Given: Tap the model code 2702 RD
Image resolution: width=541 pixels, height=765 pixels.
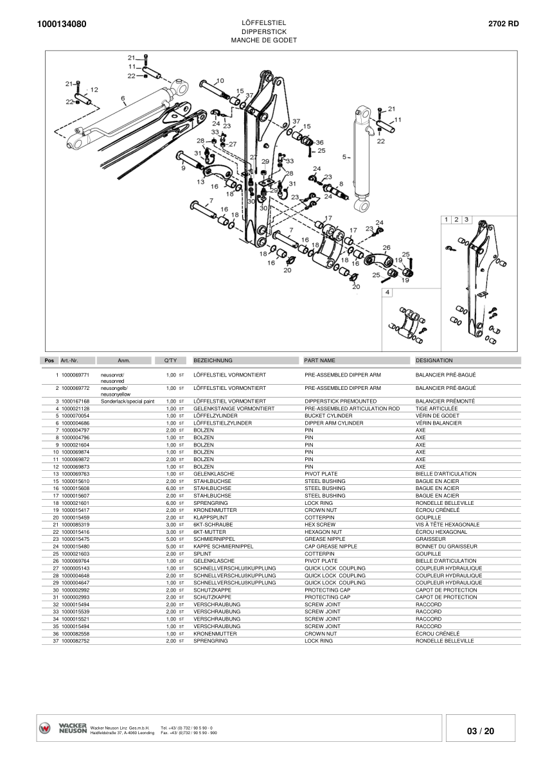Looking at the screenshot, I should click(x=504, y=24).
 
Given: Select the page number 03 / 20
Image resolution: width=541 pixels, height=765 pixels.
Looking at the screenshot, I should click(x=481, y=731).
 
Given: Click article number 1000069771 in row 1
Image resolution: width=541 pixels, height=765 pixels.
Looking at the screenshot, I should click(x=75, y=374).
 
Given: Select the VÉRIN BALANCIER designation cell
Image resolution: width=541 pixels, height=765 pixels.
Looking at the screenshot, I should click(x=438, y=423).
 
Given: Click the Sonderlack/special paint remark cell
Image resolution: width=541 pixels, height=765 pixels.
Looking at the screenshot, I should click(x=128, y=401).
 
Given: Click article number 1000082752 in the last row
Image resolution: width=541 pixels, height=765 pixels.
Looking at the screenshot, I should click(x=75, y=641).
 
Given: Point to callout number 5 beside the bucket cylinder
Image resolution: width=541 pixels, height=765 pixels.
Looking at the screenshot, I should click(x=344, y=157).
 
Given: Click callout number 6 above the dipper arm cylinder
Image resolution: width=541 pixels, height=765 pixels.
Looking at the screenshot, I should click(x=123, y=98).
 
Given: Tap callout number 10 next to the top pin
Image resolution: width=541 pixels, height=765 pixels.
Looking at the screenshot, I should click(x=220, y=81).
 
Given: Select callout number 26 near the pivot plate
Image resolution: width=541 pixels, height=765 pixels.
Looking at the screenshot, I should click(x=386, y=247).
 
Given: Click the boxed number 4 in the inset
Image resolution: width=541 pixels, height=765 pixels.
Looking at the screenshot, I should click(x=387, y=292).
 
